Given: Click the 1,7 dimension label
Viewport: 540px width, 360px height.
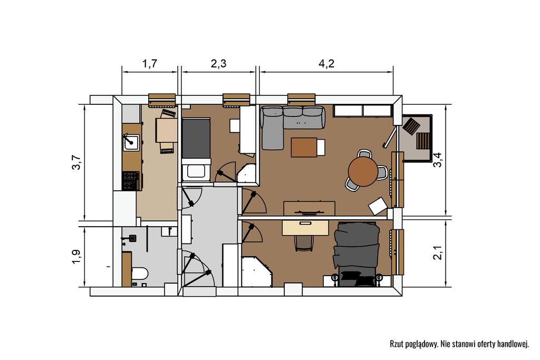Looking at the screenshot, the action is tap(150, 64).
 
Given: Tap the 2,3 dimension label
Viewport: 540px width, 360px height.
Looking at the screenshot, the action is tap(218, 64).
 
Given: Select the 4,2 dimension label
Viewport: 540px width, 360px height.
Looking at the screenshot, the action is tap(326, 64).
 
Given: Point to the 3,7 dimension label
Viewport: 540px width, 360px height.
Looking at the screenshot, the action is tap(76, 162).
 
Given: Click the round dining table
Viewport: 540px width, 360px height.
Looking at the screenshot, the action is tap(363, 171).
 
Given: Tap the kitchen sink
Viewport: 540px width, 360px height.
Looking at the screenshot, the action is tap(131, 142).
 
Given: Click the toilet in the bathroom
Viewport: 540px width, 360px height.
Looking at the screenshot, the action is tap(139, 274).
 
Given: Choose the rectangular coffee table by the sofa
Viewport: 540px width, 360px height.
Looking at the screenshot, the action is tap(304, 147).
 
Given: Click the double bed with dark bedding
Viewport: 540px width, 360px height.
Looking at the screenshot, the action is tap(356, 254).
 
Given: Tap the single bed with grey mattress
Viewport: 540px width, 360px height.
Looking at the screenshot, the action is tap(196, 141).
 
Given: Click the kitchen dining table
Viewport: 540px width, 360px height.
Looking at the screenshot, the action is tap(167, 130).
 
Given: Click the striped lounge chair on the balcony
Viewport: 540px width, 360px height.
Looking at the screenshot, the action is tap(423, 140).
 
